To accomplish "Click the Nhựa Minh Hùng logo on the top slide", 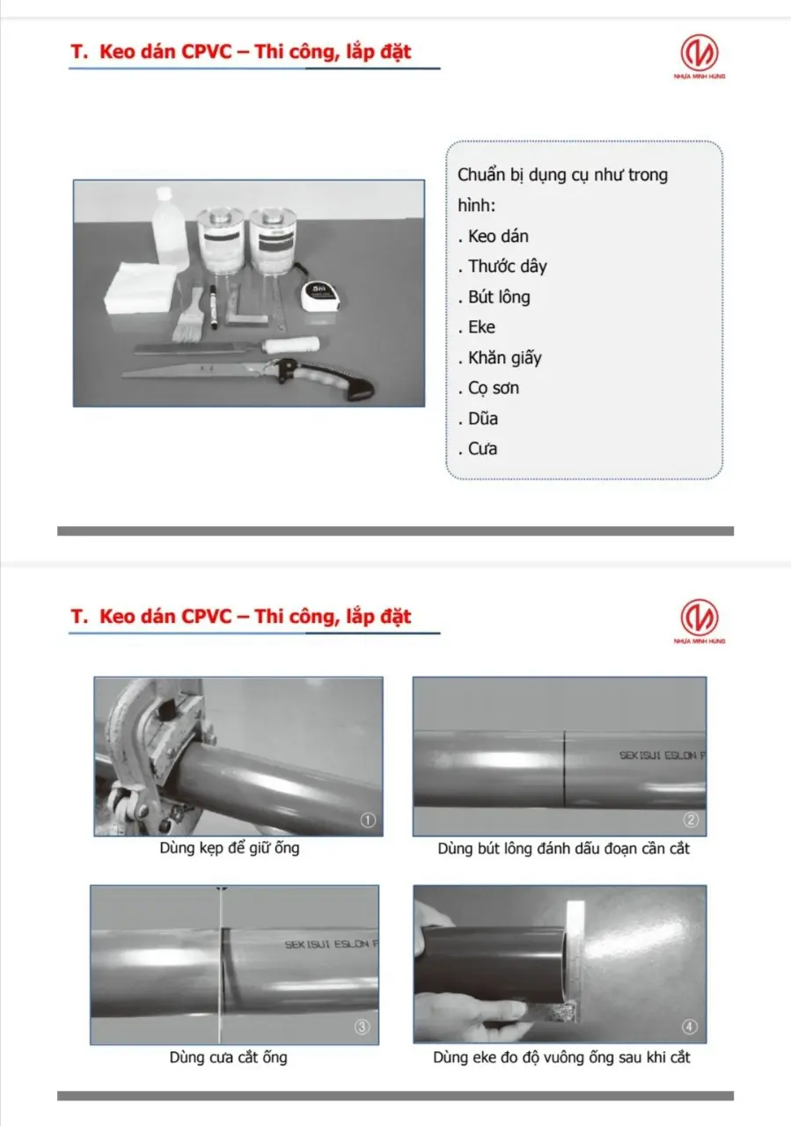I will coord(699,55).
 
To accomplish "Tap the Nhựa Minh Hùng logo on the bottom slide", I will coord(699,618).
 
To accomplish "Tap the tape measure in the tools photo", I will coord(319,296).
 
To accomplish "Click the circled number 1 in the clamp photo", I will coord(369,820).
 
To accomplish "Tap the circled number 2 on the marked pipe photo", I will coord(692,820).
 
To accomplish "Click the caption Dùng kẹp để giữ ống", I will coord(230,849).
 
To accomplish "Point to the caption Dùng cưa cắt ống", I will coord(228,1057).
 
